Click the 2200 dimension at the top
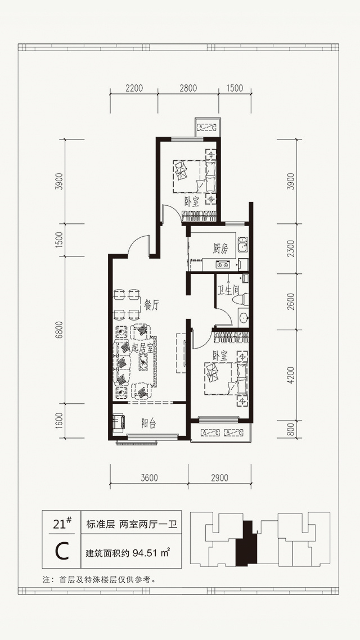(134, 88)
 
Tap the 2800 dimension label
(188, 88)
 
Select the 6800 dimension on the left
(60, 330)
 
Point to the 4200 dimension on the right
(291, 375)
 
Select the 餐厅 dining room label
(151, 306)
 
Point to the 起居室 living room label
(142, 348)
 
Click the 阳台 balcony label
(148, 423)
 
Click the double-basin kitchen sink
(242, 245)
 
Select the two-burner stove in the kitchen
(223, 264)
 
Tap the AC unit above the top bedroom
(208, 127)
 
